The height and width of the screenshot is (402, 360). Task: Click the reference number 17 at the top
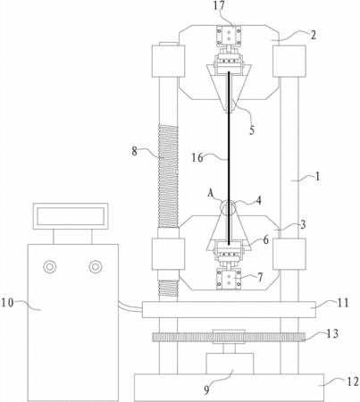point(219,6)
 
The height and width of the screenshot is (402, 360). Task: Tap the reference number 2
point(313,35)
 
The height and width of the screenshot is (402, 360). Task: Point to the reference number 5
point(252,130)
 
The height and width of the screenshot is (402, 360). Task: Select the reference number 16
point(197,157)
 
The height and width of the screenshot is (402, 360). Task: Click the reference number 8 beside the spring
point(135,151)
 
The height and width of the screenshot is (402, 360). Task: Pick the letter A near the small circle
point(211,194)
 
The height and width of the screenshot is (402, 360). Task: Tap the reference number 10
point(8,303)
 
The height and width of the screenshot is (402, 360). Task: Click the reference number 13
point(332,334)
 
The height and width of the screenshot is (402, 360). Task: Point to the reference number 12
point(353,381)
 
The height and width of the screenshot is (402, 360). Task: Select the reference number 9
point(206,389)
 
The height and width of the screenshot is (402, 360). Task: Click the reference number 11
point(343,303)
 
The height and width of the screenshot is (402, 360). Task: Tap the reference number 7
point(260,278)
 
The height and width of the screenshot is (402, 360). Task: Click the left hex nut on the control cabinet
point(50,266)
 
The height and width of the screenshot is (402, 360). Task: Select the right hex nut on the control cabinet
point(96,266)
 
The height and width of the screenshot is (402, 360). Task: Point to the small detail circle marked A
point(222,207)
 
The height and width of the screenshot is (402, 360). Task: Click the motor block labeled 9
point(230,364)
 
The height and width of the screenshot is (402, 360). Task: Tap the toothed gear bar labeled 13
point(229,337)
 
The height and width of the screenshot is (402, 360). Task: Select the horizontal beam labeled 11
point(229,309)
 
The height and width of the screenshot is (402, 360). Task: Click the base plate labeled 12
point(229,387)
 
